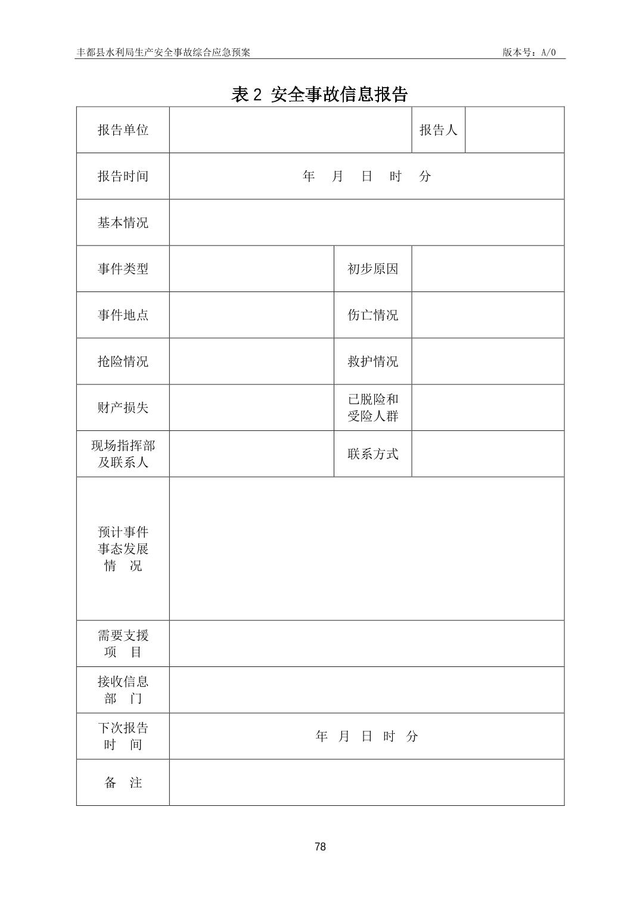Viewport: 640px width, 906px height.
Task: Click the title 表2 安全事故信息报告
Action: (x=319, y=94)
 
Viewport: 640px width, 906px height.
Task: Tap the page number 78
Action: (x=320, y=846)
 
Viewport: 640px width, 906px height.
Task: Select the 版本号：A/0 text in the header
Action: (x=529, y=52)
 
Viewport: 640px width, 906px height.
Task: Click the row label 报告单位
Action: (x=123, y=130)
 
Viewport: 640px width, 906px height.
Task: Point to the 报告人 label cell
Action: (x=438, y=130)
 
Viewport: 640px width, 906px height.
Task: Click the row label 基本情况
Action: (x=123, y=222)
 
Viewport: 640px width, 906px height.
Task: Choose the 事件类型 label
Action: (x=123, y=269)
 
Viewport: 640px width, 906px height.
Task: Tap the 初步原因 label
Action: (x=372, y=269)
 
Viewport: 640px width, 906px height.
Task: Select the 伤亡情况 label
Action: (x=372, y=315)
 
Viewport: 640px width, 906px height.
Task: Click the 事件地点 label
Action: (x=123, y=315)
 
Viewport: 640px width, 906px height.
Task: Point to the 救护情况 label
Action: (x=372, y=361)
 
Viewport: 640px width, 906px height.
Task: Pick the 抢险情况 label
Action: (x=123, y=361)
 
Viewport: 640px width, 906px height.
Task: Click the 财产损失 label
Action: (x=123, y=408)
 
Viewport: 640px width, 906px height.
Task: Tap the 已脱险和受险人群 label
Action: (x=372, y=408)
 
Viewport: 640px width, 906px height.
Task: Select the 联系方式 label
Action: (x=372, y=454)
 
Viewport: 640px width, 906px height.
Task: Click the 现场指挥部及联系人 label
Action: (x=123, y=454)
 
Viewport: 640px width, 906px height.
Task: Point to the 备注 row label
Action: (x=123, y=783)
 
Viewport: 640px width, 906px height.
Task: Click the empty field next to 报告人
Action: (x=514, y=130)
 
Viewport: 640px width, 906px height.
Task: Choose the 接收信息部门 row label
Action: (x=123, y=690)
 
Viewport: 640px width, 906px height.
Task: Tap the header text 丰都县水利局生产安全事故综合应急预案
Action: (x=163, y=52)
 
